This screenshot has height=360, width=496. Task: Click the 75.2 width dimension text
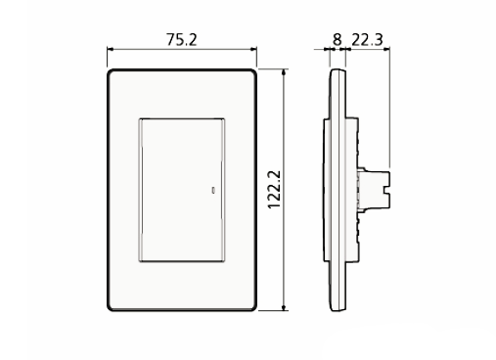click(182, 40)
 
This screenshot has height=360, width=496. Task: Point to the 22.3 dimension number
click(366, 40)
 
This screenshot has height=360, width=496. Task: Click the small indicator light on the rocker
click(214, 189)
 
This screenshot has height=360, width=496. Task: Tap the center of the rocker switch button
click(184, 190)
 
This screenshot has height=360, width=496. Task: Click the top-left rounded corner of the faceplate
click(112, 73)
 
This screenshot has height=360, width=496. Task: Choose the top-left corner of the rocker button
click(141, 119)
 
